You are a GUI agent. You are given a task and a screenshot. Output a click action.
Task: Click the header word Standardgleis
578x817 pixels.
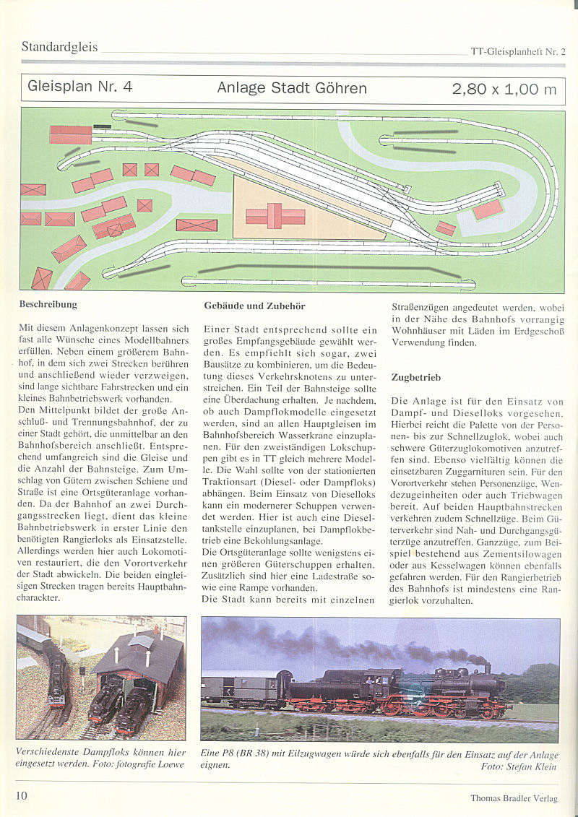(x=59, y=47)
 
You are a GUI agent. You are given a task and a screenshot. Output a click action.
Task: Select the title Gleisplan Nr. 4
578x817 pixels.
(x=79, y=87)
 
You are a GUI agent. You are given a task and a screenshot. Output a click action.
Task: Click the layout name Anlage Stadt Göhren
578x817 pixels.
(x=292, y=88)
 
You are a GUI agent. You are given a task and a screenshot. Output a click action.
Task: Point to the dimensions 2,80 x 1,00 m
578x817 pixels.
(x=504, y=89)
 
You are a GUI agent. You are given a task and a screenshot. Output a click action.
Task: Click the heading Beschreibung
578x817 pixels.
(x=48, y=304)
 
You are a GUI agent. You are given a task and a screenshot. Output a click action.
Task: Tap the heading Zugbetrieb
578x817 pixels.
(x=415, y=377)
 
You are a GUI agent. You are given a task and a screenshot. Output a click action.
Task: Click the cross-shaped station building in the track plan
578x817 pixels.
(x=275, y=215)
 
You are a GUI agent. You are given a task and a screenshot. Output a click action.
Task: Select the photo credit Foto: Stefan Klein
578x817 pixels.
(x=519, y=766)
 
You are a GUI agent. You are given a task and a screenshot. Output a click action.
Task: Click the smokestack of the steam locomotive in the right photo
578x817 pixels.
(x=488, y=668)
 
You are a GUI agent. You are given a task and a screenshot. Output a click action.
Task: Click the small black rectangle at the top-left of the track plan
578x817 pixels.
(x=103, y=126)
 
